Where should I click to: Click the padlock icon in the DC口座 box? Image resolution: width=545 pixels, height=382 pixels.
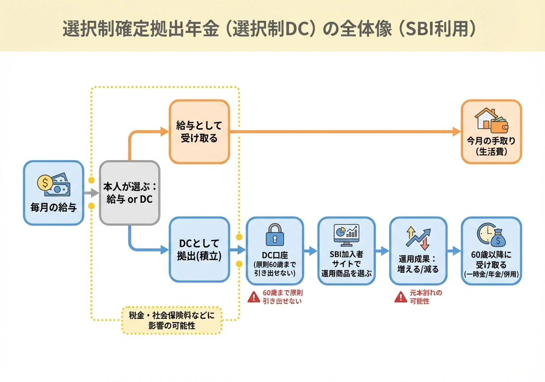point(275,235)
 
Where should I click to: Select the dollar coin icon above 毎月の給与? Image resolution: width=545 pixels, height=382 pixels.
point(45,182)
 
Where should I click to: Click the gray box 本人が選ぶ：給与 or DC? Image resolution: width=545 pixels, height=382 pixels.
point(129,193)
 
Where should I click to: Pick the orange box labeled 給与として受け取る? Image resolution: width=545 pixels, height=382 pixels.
point(199,132)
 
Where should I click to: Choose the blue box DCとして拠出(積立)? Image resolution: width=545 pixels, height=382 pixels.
point(200,250)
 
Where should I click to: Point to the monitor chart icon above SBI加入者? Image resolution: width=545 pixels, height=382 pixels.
point(346,234)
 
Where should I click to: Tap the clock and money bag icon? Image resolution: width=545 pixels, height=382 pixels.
point(491,234)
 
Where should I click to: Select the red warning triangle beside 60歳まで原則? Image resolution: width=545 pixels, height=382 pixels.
point(253,297)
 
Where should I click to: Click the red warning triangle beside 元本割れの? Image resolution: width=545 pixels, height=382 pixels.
point(400,297)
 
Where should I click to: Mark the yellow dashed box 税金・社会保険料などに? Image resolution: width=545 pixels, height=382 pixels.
point(172,320)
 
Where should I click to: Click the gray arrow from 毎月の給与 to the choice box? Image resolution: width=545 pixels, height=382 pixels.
point(91,193)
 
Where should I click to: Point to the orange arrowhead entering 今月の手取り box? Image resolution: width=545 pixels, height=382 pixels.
point(457,131)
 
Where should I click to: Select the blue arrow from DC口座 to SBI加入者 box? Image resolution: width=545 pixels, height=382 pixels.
point(311,250)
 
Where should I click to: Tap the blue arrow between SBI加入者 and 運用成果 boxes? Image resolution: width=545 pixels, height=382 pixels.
point(383,250)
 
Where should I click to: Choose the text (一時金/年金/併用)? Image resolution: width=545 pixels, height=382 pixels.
point(491,274)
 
